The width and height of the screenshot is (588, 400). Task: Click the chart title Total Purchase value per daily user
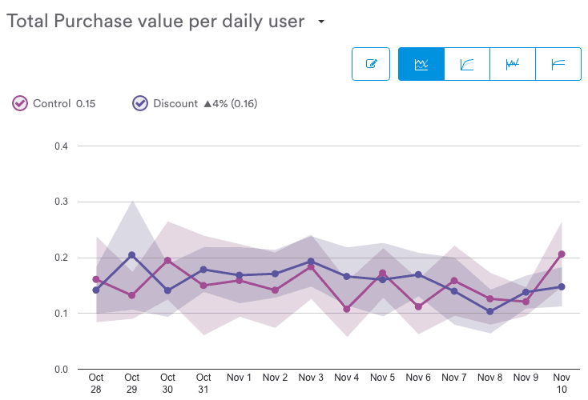point(155,22)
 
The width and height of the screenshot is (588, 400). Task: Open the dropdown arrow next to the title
point(321,22)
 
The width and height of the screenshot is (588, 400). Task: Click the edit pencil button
point(371,64)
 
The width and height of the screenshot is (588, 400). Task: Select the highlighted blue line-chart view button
point(421,64)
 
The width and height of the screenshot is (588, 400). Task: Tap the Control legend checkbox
point(20,103)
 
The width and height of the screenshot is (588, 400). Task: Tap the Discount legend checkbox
point(140,103)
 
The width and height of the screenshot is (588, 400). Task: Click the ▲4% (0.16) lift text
point(230,103)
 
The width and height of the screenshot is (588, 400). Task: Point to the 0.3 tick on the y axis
point(61,202)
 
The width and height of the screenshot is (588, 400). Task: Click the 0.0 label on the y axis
point(61,370)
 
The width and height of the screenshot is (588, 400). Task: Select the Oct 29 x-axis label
point(132,383)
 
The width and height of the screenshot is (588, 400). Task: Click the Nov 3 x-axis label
point(311,378)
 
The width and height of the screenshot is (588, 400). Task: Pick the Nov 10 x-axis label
point(562,383)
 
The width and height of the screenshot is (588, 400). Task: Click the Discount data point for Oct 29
point(132,255)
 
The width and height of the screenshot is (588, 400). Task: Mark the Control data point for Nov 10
point(562,254)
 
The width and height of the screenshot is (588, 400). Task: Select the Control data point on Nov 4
point(347,309)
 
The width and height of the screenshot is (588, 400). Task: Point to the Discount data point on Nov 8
point(490,311)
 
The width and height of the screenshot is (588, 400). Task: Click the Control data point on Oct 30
point(168,260)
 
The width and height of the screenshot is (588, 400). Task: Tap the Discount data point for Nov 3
point(311,262)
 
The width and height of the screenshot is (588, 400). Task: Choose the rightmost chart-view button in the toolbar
point(558,64)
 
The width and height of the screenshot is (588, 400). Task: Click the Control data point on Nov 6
point(418,306)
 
